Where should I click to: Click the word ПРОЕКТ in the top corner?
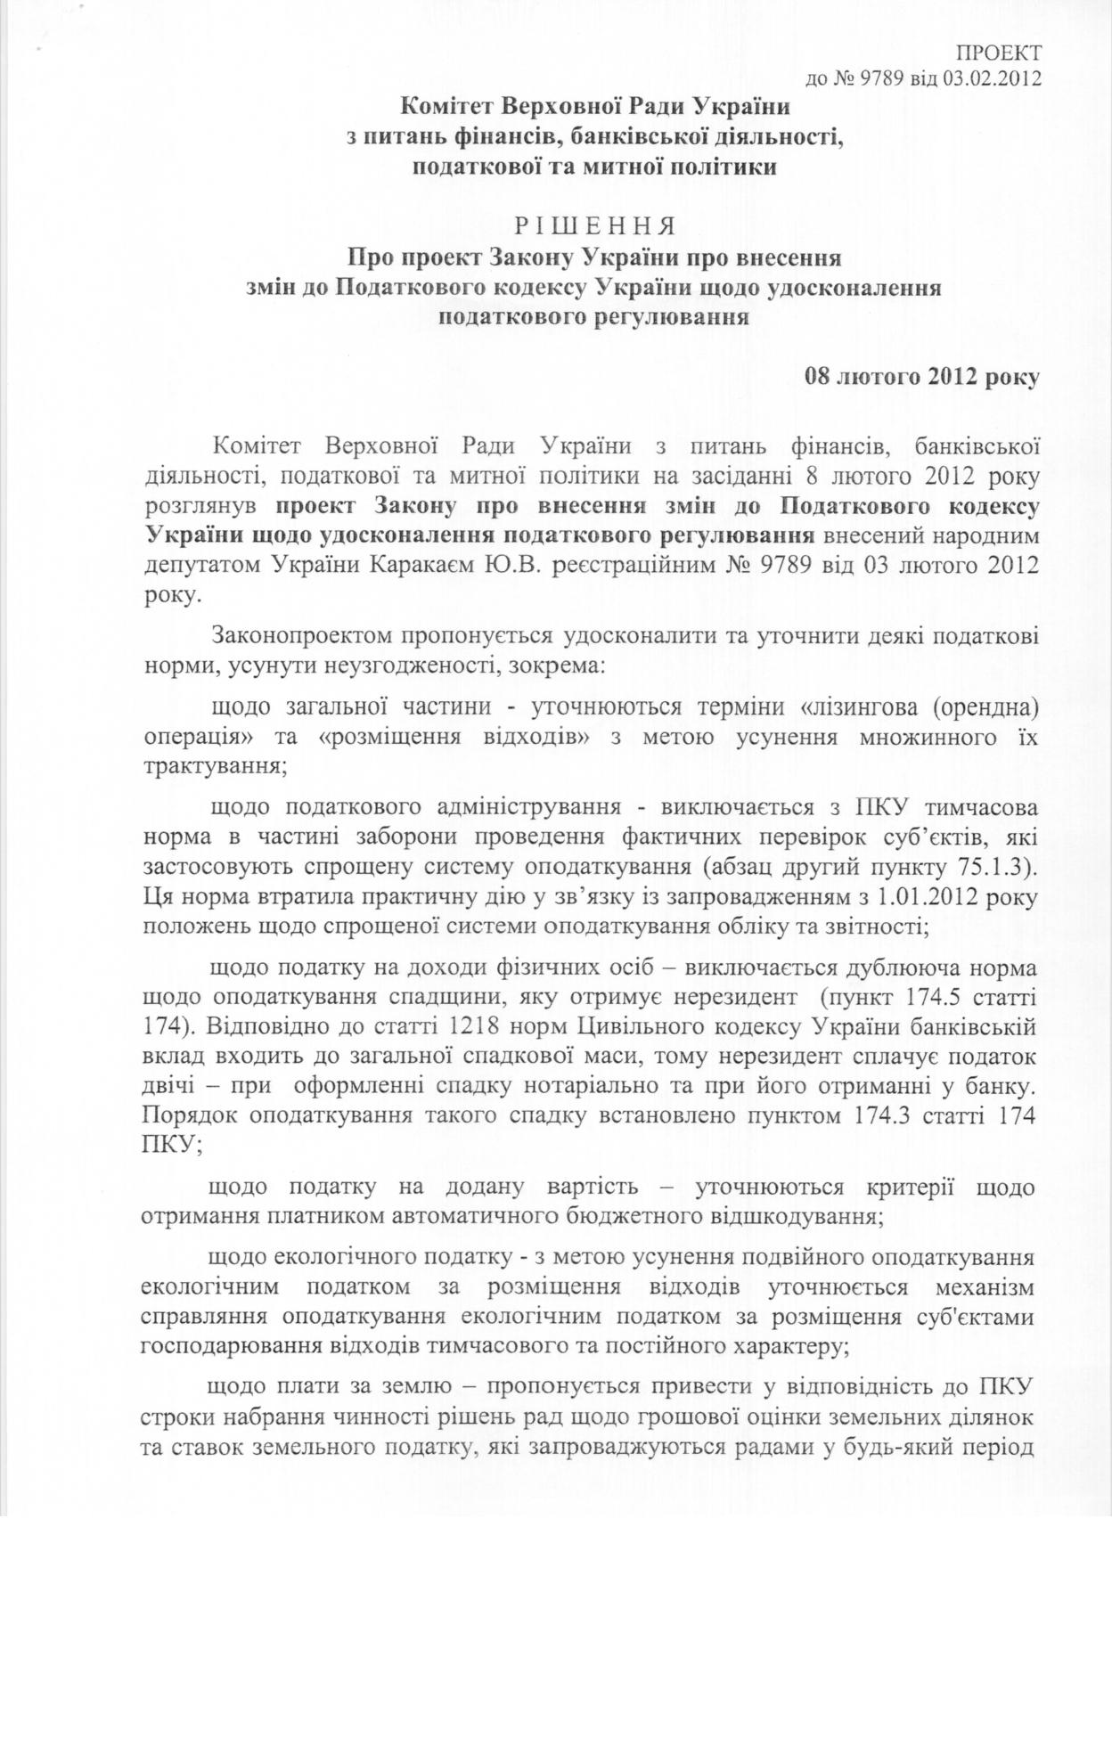point(999,51)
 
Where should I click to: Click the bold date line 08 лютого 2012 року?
point(921,377)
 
